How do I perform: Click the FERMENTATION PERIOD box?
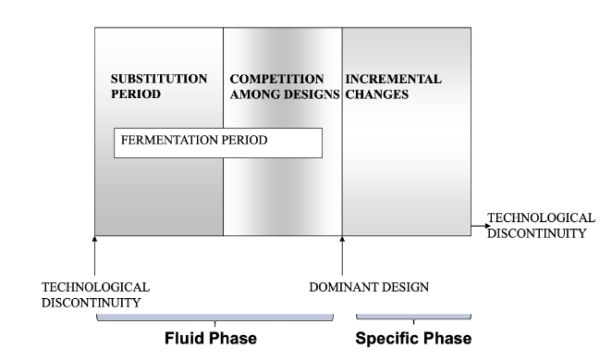click(x=218, y=143)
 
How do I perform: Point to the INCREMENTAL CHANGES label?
click(x=393, y=86)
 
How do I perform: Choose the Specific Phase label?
click(x=413, y=338)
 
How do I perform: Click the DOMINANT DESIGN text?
click(x=368, y=287)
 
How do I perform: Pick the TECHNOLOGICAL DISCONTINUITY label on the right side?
click(x=539, y=225)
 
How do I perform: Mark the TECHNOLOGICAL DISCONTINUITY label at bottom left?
click(x=95, y=294)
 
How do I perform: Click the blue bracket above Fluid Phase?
click(x=214, y=317)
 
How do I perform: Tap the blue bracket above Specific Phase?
click(x=413, y=317)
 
